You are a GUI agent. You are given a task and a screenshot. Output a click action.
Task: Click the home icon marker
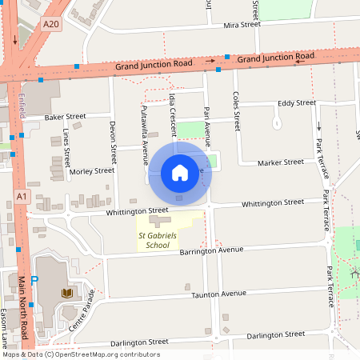point(179,172)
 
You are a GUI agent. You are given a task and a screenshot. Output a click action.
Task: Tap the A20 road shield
point(51,24)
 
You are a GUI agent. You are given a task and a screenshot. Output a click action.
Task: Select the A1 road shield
point(22,195)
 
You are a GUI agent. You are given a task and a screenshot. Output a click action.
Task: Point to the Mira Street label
point(242,25)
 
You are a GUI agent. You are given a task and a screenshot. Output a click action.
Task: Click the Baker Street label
point(65,117)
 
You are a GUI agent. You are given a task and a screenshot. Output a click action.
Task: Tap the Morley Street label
point(92,170)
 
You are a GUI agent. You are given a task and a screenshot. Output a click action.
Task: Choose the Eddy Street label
point(297,102)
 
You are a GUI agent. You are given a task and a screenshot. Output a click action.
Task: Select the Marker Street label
point(281,162)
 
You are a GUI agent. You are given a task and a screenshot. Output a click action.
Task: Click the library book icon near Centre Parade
point(67,294)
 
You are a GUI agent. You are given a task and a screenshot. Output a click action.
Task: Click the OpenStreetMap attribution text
point(81,354)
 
